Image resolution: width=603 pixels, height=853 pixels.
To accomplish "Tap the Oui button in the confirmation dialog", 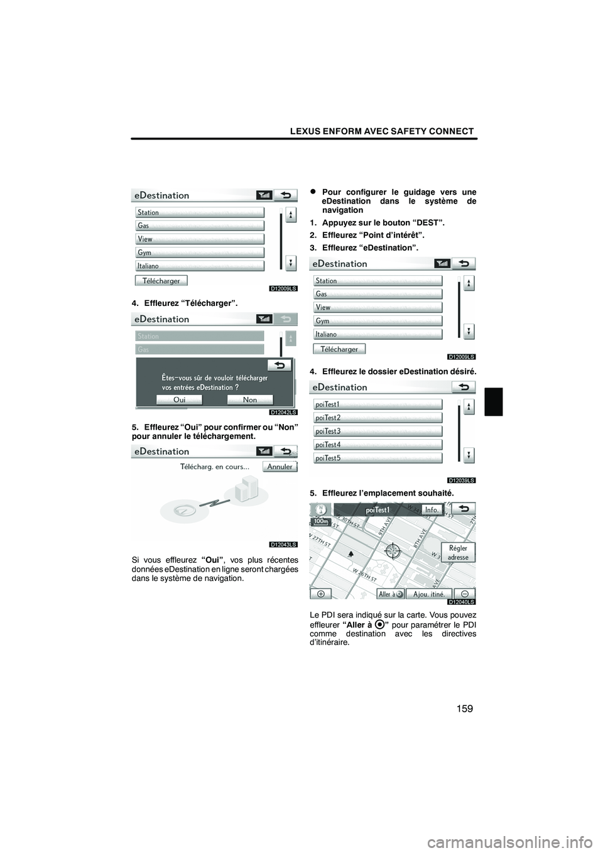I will (179, 400).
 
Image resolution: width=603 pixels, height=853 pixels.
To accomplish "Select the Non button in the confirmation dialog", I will (250, 400).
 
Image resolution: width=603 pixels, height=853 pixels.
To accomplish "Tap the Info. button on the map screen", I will (432, 510).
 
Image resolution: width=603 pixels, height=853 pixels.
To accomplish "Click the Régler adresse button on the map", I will (458, 553).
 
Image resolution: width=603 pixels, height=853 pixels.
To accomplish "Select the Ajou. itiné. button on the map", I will (429, 594).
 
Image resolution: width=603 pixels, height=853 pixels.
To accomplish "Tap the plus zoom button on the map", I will (321, 594).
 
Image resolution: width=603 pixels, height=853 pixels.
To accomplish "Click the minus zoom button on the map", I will (464, 594).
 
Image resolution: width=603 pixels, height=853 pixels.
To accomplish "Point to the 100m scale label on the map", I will (320, 521).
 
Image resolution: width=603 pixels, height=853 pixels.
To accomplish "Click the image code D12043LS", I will (284, 544).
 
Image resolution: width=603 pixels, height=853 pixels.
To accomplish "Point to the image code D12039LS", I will (462, 480).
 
